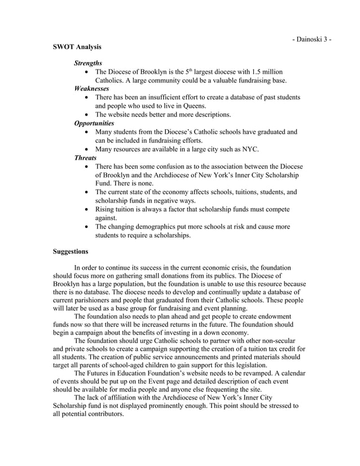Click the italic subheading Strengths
[89, 63]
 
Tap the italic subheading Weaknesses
[92, 89]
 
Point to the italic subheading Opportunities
[94, 122]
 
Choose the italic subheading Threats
[86, 157]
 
